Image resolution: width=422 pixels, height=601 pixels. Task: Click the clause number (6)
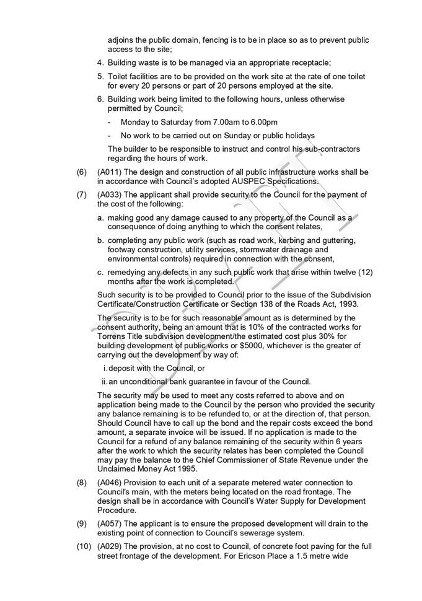point(81,172)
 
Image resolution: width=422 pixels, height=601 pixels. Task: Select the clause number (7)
point(81,195)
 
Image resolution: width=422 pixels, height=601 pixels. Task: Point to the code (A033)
point(110,195)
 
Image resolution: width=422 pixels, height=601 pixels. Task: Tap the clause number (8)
point(81,482)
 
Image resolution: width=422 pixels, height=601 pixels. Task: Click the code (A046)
point(110,482)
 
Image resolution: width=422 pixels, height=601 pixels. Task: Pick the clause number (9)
point(81,524)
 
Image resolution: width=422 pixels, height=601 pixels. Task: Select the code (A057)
point(110,524)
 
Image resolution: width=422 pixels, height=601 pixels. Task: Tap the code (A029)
point(110,547)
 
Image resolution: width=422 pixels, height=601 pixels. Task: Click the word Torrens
point(113,336)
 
